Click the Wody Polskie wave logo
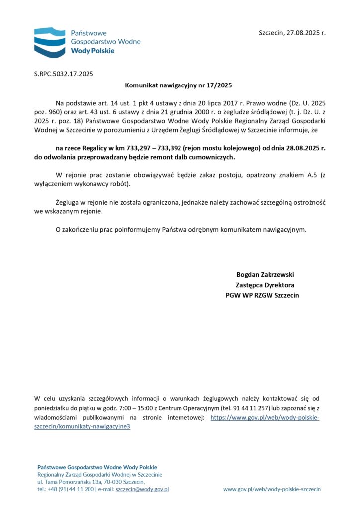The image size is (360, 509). (x=50, y=42)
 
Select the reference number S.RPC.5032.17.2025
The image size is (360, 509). (x=64, y=74)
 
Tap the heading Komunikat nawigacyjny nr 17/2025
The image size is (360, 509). (x=179, y=85)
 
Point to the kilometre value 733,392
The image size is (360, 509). (x=167, y=148)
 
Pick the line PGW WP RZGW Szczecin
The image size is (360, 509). (x=263, y=296)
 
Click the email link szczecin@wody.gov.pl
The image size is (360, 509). (x=142, y=489)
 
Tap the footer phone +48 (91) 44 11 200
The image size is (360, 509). (x=66, y=489)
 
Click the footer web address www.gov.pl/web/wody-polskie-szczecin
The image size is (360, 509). (x=272, y=489)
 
